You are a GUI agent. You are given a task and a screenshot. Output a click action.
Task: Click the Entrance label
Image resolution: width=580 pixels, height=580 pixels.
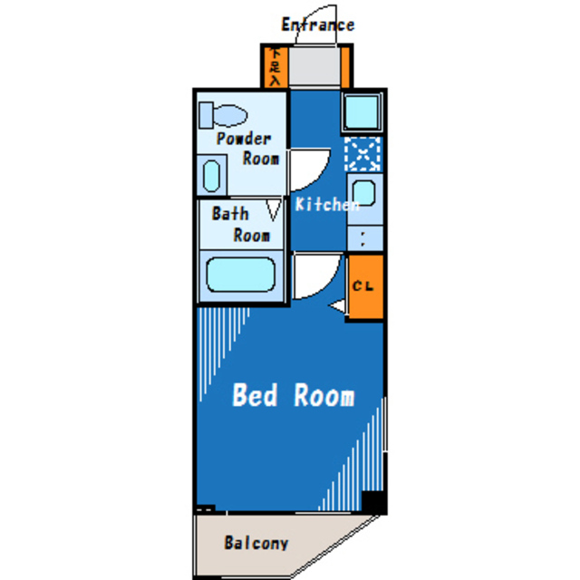[x=318, y=25]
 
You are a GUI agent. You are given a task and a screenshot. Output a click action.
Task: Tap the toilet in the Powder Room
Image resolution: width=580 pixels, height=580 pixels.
[x=223, y=115]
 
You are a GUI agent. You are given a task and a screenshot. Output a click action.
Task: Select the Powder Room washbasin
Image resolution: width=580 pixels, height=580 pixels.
[x=211, y=176]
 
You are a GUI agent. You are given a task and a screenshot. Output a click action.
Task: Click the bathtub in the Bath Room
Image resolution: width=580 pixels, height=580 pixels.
[x=241, y=275]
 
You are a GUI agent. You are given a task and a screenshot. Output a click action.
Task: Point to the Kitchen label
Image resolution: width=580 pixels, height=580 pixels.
[x=327, y=204]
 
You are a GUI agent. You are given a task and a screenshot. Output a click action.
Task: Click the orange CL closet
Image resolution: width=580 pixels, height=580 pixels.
[x=365, y=286]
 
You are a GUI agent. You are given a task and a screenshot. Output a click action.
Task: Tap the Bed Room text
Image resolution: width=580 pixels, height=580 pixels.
[x=294, y=395]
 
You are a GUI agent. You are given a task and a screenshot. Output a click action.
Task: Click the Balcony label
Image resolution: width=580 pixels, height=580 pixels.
[x=256, y=543]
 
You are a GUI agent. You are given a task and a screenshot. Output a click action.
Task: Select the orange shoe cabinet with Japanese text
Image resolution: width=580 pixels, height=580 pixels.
[x=275, y=66]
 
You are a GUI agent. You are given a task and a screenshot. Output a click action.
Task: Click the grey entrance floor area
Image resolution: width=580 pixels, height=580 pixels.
[x=314, y=66]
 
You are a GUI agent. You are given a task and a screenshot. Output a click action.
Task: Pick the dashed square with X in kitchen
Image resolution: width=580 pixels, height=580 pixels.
[x=362, y=154]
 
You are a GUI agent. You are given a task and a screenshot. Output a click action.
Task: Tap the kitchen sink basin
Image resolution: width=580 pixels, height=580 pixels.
[x=364, y=193]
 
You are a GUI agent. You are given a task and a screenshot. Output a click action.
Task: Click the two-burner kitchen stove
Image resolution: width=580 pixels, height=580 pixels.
[x=364, y=238]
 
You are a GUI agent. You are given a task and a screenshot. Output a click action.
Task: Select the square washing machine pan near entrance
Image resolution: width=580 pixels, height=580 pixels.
[x=362, y=112]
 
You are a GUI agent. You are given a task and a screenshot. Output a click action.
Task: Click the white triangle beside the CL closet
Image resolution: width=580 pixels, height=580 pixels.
[x=337, y=306]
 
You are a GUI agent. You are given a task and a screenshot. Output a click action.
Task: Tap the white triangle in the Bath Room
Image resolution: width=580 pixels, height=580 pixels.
[x=274, y=209]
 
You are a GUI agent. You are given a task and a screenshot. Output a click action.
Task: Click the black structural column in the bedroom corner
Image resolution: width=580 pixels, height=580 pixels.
[x=373, y=501]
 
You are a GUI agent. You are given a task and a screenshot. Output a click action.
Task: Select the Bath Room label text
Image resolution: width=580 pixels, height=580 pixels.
[x=241, y=225]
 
